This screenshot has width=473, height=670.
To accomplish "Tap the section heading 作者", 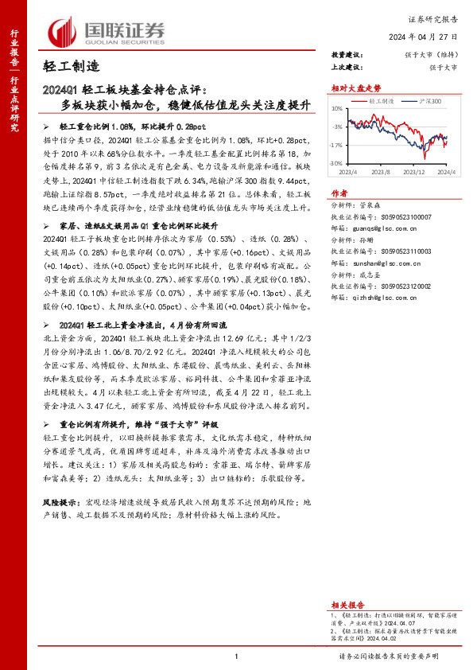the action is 339,193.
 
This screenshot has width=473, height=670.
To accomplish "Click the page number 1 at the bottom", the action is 236,656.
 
